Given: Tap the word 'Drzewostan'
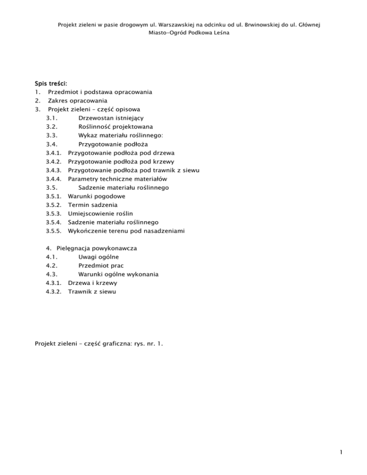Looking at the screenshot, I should (97, 118).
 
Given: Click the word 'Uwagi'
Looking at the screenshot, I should (88, 257).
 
